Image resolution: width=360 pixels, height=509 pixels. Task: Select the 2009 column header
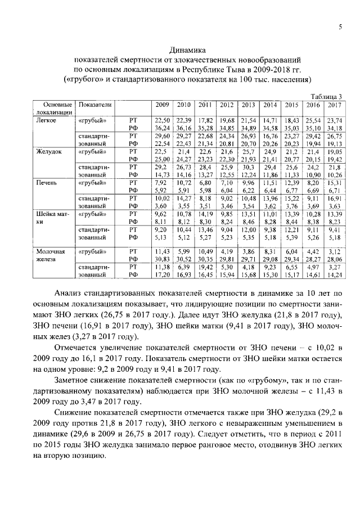[x=162, y=105]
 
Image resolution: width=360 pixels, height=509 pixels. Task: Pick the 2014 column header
[x=270, y=105]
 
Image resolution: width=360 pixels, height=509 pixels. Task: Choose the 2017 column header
[x=334, y=105]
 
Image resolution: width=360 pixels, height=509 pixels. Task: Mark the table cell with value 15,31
[x=334, y=183]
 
